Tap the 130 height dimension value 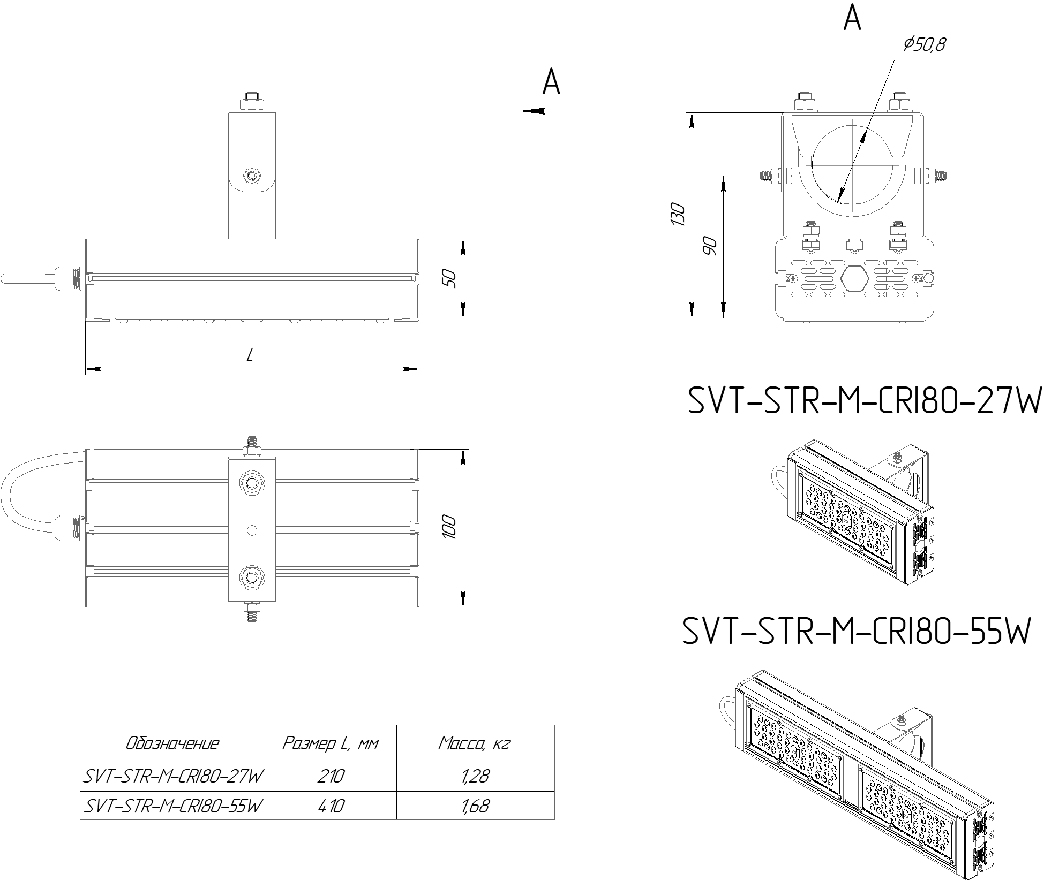click(678, 214)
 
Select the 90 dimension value click(710, 245)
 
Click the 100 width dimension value click(450, 527)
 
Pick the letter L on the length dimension click(250, 354)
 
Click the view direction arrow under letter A click(544, 111)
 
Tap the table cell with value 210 click(331, 776)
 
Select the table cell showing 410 click(331, 806)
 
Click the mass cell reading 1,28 click(475, 776)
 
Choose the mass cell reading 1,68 click(475, 806)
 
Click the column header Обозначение click(172, 743)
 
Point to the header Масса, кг click(475, 743)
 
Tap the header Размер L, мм click(331, 743)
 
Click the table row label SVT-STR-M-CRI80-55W click(174, 806)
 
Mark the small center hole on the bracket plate click(252, 530)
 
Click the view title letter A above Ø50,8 click(852, 19)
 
